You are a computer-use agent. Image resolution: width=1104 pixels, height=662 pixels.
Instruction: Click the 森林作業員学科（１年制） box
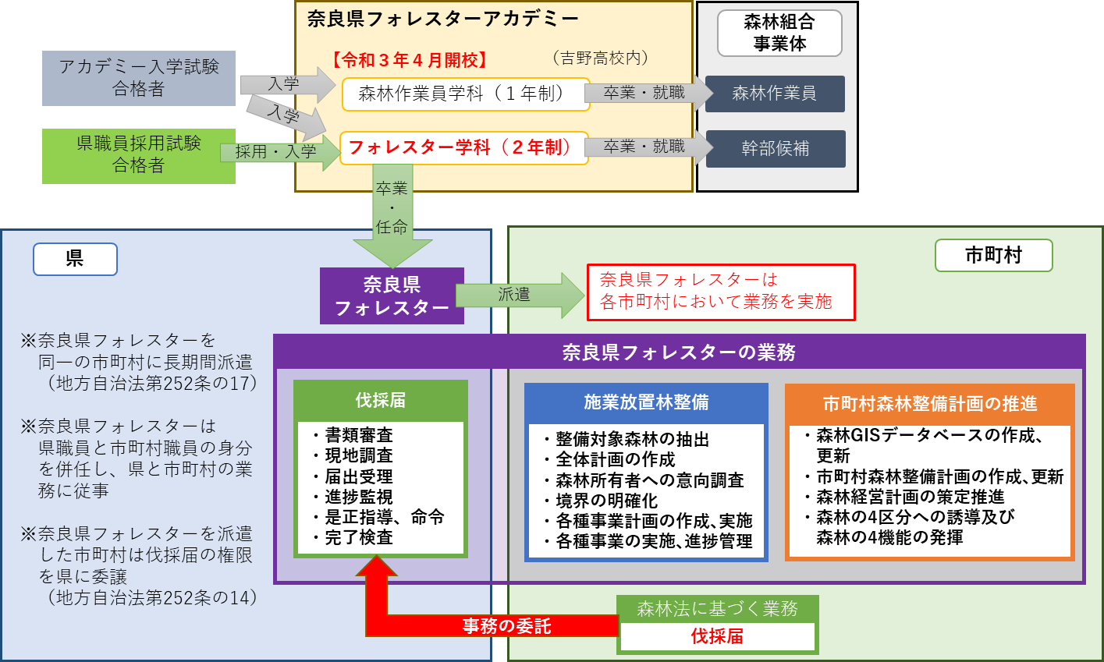(465, 94)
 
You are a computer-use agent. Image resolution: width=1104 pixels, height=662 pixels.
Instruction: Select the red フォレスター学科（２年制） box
(463, 148)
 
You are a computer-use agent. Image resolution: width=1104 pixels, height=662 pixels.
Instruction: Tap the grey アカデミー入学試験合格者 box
(139, 78)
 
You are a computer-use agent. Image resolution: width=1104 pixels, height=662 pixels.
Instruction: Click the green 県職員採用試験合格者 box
(139, 155)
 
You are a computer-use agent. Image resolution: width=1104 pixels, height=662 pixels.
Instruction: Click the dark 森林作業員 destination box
(775, 94)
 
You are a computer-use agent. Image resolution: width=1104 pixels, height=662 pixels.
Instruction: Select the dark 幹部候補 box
(775, 148)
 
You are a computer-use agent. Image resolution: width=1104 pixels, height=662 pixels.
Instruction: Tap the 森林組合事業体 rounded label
(779, 33)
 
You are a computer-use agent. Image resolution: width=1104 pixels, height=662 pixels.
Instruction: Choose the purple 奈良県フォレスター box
(392, 296)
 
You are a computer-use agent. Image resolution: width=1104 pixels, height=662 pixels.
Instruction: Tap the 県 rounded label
(75, 259)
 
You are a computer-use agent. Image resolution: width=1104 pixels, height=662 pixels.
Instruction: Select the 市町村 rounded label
(993, 256)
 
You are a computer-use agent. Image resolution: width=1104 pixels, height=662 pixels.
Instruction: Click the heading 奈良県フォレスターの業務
(679, 352)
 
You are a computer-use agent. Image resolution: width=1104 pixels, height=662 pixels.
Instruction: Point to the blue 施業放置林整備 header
(646, 402)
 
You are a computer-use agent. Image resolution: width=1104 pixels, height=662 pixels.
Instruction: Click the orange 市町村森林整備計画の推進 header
(930, 404)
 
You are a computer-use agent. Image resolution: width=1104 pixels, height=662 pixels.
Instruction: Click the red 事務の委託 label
(506, 626)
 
